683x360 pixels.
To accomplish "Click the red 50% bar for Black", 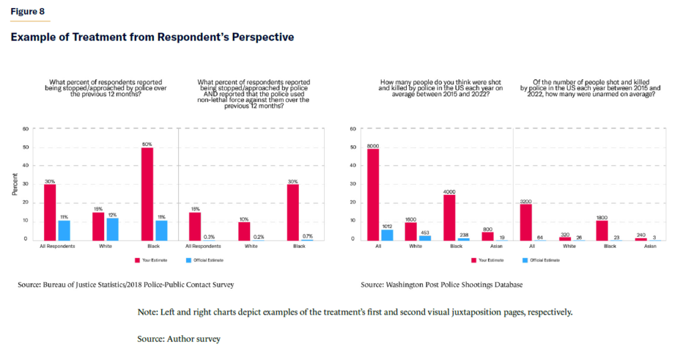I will pos(147,193).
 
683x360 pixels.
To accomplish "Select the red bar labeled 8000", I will pos(374,194).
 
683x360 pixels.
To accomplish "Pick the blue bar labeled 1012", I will pos(387,234).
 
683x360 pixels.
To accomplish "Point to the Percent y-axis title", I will pos(14,184).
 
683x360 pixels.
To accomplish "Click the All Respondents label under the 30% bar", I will pos(57,246).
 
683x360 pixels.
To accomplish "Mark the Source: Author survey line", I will pos(178,339).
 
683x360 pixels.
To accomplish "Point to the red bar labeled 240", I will pos(641,238).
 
